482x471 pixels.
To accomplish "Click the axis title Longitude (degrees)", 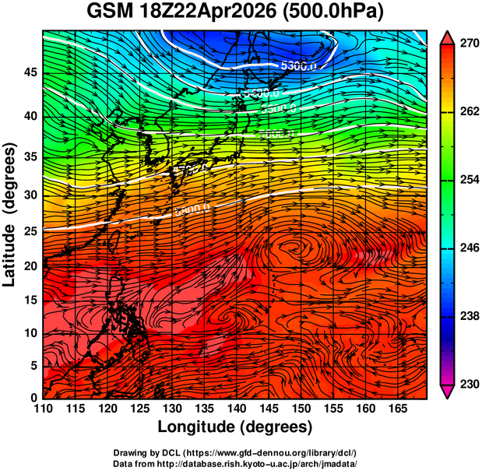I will (235, 427).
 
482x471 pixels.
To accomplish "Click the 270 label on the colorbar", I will (465, 44).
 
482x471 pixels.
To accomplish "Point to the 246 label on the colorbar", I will (465, 248).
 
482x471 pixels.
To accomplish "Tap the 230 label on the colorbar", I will (465, 384).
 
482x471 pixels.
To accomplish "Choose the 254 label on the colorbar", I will (465, 181).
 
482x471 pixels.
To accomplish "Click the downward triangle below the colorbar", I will (448, 392).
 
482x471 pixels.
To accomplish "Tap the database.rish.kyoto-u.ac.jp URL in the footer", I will (269, 462).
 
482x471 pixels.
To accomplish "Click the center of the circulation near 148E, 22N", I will (297, 248).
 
